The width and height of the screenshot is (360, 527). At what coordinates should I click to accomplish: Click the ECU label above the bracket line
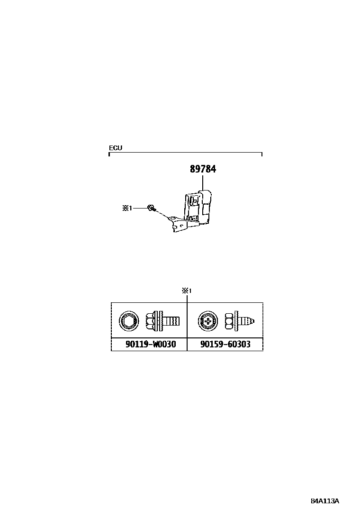[116, 148]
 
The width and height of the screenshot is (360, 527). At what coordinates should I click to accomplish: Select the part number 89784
[203, 169]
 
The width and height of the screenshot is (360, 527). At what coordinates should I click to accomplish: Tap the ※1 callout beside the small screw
[127, 209]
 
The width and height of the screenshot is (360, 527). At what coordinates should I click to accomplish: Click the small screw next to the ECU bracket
[152, 209]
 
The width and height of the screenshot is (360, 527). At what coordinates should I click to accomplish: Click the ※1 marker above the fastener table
[187, 291]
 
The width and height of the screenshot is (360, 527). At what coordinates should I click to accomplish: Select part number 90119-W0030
[151, 344]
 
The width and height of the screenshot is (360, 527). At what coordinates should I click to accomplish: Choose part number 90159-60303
[225, 344]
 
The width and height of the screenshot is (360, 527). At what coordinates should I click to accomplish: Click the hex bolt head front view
[129, 321]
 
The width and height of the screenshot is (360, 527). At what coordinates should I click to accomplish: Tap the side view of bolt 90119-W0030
[163, 321]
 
